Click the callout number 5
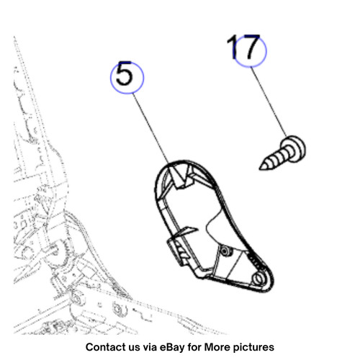[x=124, y=73]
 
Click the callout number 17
[x=243, y=47]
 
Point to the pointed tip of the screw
[x=260, y=169]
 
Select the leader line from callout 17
[x=269, y=102]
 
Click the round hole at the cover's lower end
[x=258, y=279]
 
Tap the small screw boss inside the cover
[x=225, y=251]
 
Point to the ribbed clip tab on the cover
[x=179, y=250]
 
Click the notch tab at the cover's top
[x=180, y=177]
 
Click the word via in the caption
[x=150, y=347]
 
